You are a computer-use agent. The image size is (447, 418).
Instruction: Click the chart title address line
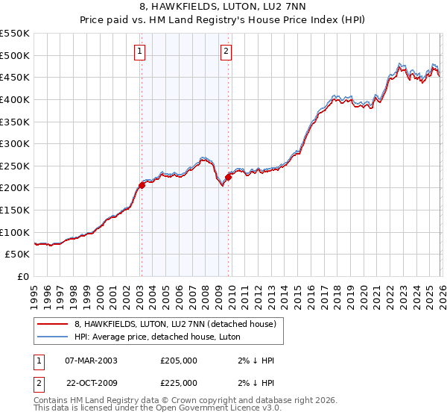pos(223,8)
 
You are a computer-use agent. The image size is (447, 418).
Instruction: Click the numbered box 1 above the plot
pos(140,52)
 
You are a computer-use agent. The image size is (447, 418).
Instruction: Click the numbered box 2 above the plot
pos(226,52)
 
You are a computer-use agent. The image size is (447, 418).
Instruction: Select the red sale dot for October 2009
pos(229,177)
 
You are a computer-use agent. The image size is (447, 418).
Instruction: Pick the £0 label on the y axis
pos(22,276)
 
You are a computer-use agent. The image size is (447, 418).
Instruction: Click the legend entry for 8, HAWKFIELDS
pos(175,324)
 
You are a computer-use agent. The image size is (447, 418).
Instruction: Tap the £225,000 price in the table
pos(179,383)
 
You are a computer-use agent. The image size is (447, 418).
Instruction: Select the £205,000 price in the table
pos(179,361)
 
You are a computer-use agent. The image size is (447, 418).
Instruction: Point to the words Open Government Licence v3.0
pos(223,409)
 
